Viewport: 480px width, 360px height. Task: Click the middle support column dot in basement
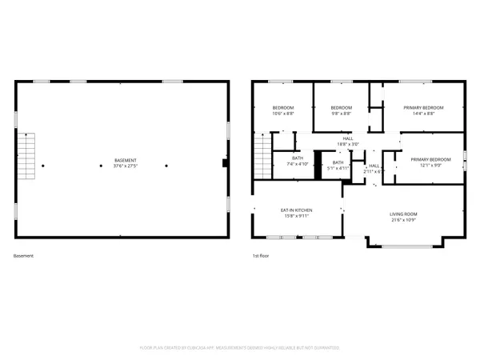click(101, 166)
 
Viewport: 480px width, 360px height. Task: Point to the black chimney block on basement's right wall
click(226, 163)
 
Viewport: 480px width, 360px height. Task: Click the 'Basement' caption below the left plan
click(23, 256)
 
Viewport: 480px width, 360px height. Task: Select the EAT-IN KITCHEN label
click(296, 210)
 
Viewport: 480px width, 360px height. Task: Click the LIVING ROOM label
click(403, 214)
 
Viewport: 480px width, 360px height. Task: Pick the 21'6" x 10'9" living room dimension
click(403, 219)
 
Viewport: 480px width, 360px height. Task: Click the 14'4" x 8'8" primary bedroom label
click(424, 114)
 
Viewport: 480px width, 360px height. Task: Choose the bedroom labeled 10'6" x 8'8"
click(282, 114)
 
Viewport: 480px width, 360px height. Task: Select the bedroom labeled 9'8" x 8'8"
click(342, 114)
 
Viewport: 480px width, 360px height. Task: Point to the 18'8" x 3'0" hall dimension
click(348, 144)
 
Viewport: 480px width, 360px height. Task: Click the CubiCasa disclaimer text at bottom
click(240, 348)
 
